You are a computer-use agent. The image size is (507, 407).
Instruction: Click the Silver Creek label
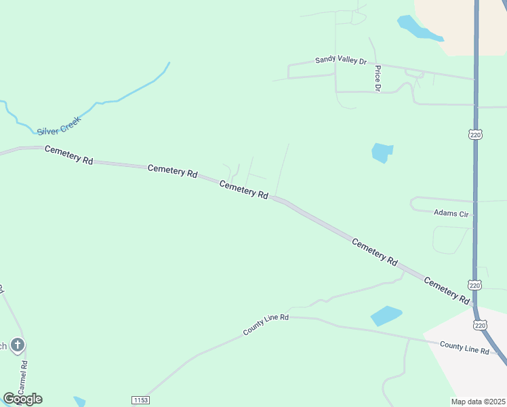(59, 125)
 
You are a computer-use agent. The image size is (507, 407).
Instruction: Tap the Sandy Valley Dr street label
(340, 60)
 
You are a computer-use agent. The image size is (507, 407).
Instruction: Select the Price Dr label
(378, 78)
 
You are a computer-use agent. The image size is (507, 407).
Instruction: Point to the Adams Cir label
(451, 213)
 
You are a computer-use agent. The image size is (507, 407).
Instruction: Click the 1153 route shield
(140, 400)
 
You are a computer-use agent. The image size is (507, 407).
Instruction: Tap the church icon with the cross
(18, 345)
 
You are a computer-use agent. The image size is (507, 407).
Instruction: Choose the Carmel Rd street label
(24, 379)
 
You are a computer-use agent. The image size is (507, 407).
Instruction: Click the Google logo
(22, 399)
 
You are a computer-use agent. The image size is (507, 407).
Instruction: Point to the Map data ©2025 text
(479, 402)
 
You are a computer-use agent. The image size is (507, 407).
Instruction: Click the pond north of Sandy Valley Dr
(414, 28)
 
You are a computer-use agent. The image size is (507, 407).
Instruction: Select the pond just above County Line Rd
(386, 315)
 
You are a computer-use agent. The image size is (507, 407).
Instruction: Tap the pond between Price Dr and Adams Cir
(382, 152)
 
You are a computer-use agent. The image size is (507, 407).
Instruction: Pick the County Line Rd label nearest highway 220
(464, 347)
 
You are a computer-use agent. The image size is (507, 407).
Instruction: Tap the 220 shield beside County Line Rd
(480, 326)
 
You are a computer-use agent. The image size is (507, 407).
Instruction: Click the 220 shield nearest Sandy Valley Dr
(475, 135)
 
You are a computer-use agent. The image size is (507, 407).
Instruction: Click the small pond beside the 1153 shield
(79, 401)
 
